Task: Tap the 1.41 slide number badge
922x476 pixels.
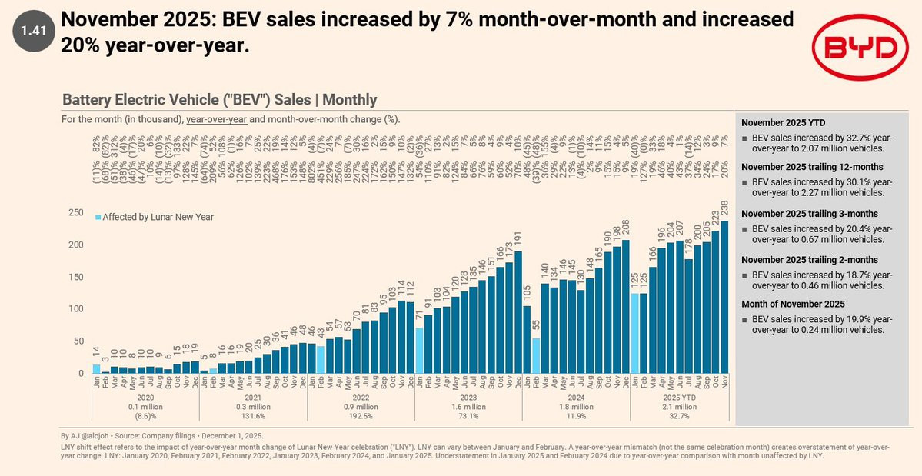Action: click(34, 31)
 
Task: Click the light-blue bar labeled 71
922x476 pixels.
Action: click(420, 351)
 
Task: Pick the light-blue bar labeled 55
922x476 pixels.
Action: click(536, 355)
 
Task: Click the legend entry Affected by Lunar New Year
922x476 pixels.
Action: click(154, 217)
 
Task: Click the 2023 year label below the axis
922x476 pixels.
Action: click(469, 398)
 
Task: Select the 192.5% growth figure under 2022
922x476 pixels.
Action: click(361, 416)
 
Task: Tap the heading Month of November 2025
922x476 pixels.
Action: click(793, 304)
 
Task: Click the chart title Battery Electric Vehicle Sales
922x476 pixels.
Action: click(219, 99)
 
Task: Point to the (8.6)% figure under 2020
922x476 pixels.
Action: click(146, 416)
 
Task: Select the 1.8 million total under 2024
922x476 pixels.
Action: click(576, 407)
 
